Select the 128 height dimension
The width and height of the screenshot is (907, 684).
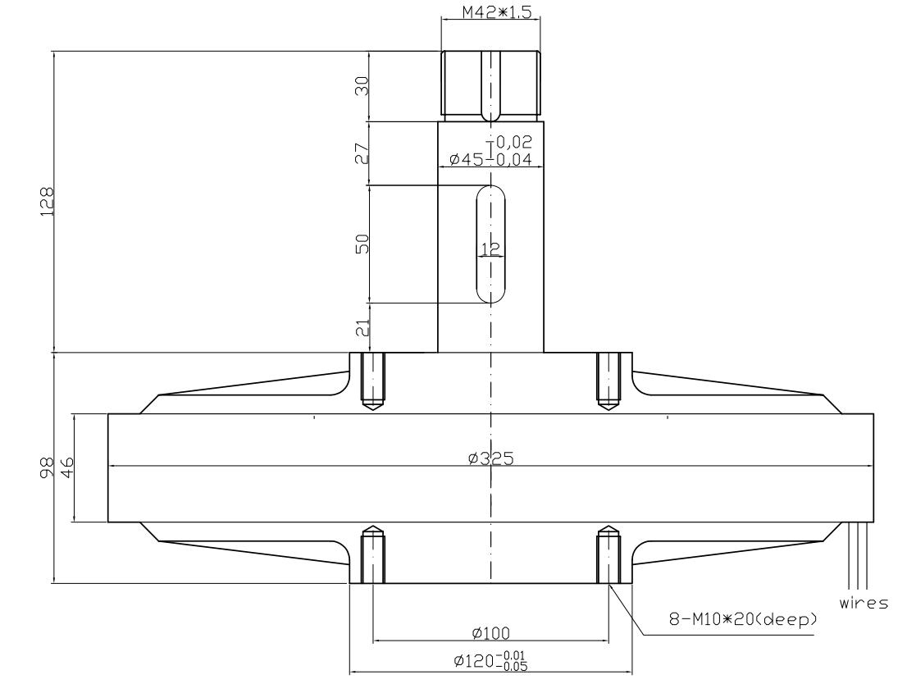[x=48, y=201]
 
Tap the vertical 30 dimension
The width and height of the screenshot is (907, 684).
[x=362, y=85]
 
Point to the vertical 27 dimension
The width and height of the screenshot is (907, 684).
[x=362, y=153]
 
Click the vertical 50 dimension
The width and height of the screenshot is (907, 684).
[x=362, y=243]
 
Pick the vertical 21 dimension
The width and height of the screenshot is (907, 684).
[x=362, y=328]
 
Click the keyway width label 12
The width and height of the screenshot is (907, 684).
[x=491, y=249]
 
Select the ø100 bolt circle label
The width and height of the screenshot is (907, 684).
[x=490, y=632]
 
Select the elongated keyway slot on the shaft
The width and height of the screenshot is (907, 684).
[x=491, y=244]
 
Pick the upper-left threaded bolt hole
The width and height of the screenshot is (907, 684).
[x=373, y=382]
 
